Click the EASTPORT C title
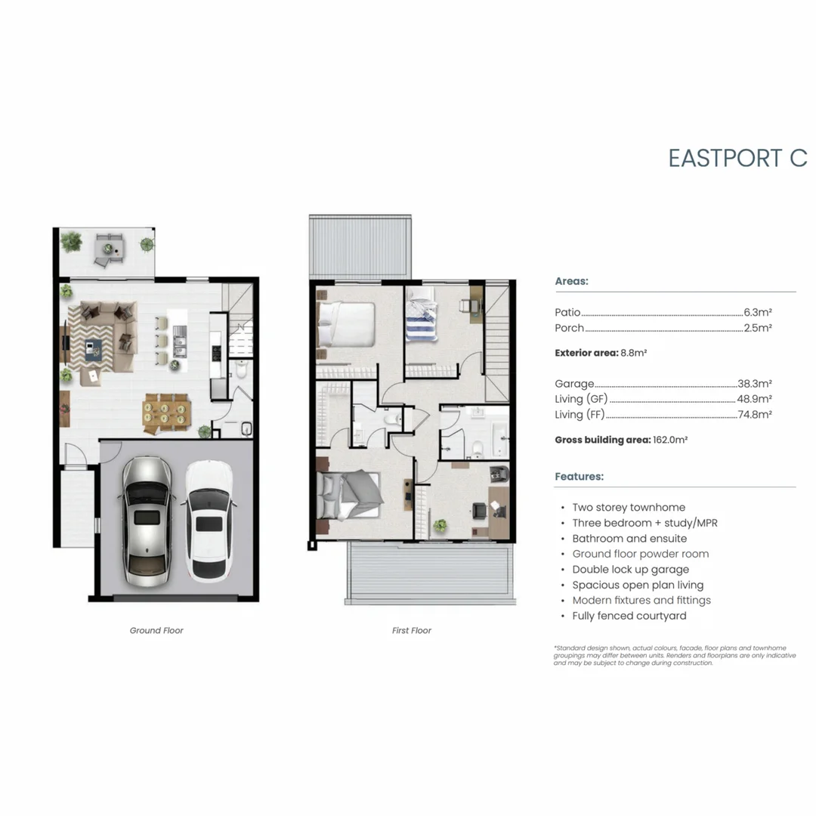[x=737, y=158]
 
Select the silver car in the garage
[x=147, y=517]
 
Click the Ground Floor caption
[x=156, y=630]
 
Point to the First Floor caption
[x=412, y=630]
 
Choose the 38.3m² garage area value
[x=755, y=384]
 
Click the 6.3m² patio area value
[x=758, y=312]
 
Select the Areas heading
[x=571, y=281]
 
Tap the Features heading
[x=579, y=477]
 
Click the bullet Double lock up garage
[x=630, y=569]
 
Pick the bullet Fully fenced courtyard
[x=629, y=616]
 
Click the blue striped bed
[x=423, y=321]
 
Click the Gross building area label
[x=602, y=439]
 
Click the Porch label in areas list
[x=569, y=328]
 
